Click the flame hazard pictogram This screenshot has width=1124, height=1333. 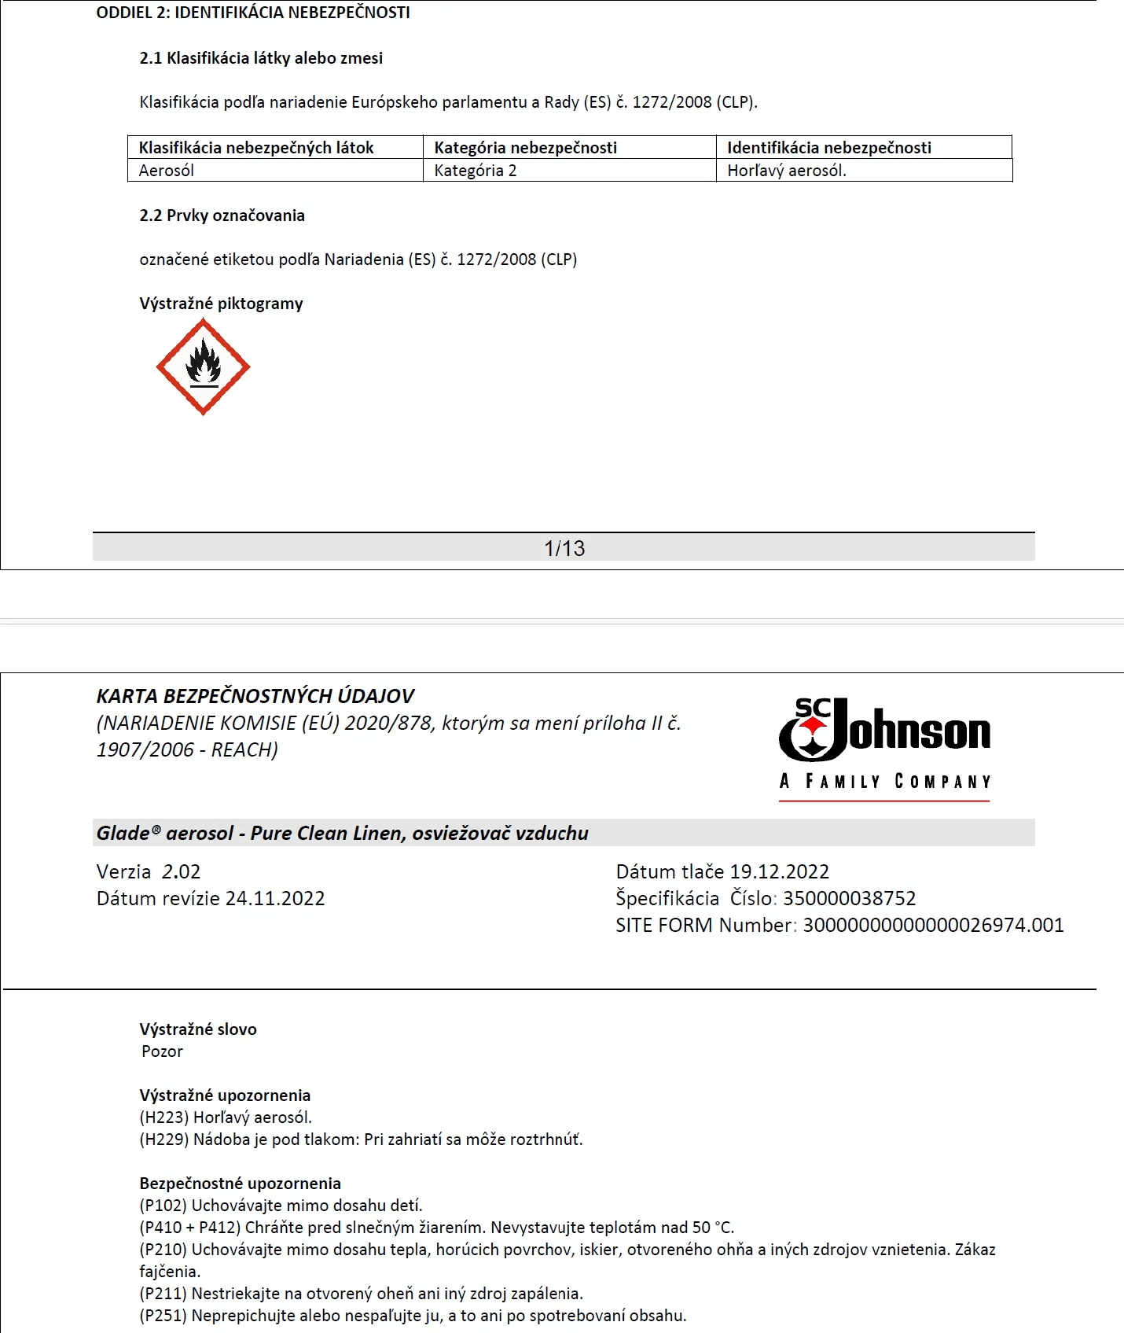coord(203,366)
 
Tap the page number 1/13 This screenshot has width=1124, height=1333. coord(564,548)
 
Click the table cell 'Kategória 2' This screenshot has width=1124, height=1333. coord(476,171)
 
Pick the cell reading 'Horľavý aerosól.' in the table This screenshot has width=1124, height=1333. coord(787,171)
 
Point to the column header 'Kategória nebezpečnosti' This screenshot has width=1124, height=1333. coord(525,148)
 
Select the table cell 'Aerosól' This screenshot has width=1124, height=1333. coord(166,171)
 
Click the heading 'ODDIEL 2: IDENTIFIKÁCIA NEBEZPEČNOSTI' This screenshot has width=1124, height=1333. coord(253,13)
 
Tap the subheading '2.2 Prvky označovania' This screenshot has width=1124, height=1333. coord(222,215)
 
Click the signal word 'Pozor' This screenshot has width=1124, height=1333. coord(162,1051)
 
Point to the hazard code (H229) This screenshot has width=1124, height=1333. coord(164,1140)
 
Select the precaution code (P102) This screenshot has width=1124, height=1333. coord(163,1206)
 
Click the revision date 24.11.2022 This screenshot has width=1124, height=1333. coord(275,898)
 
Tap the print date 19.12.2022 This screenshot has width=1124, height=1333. coord(779,871)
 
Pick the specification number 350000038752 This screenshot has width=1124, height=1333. coord(849,898)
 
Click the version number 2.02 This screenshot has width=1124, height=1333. coord(181,871)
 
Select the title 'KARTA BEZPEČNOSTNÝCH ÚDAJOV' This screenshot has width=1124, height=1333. coord(255,696)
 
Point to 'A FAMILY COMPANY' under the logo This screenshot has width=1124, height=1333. coord(884,781)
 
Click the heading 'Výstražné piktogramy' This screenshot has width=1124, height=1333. coord(221,304)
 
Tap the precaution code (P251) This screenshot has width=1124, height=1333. coord(163,1316)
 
